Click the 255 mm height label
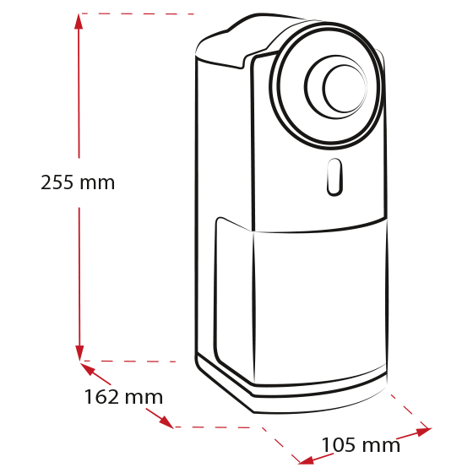point(78,182)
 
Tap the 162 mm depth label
point(123,397)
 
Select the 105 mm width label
point(361,445)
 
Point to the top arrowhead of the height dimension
point(79,22)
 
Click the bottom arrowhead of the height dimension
point(79,353)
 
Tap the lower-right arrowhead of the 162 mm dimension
point(166,422)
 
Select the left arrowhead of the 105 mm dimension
point(306,460)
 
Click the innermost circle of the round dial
point(345,88)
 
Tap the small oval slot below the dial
point(334,177)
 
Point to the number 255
point(57,182)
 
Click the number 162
point(101,397)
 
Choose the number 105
point(339,445)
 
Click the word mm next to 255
point(97,184)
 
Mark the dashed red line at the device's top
point(137,14)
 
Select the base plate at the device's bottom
point(290,392)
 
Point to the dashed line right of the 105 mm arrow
point(410,410)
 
